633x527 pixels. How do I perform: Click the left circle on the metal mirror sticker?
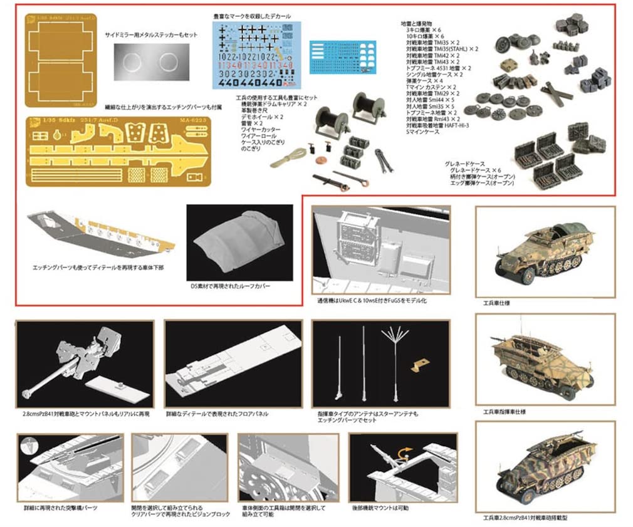coord(130,63)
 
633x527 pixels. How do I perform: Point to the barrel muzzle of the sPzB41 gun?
coord(27,393)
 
